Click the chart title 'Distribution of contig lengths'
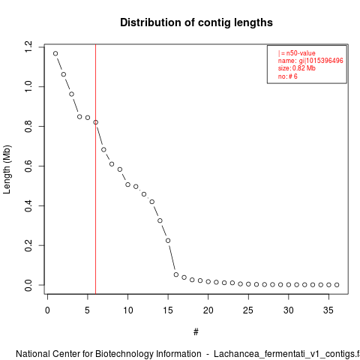196,22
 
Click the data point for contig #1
55,53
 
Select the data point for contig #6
95,122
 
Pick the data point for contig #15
168,241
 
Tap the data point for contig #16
176,274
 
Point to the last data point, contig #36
337,285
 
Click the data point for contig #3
71,94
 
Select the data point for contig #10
127,184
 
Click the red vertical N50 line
95,169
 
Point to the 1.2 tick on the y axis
42,47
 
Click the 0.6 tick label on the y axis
28,166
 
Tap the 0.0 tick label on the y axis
28,285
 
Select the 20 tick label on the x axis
208,310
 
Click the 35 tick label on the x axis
328,310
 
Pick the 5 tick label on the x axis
88,310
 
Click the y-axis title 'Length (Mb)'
7,169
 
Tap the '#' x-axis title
196,332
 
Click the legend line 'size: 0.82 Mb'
297,68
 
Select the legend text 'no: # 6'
288,76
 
